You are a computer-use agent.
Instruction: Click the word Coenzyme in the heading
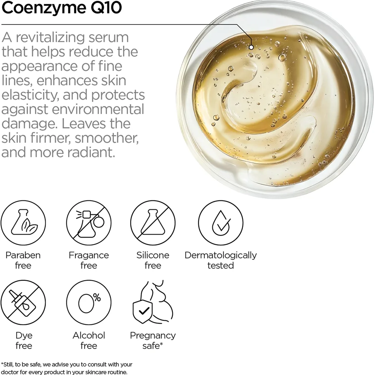point(43,8)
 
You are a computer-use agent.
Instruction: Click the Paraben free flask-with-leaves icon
point(23,223)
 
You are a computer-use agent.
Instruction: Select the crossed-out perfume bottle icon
point(89,223)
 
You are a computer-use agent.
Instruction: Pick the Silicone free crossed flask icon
point(153,223)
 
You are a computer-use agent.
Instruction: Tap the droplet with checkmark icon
point(221,223)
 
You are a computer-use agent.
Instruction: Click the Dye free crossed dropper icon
point(23,303)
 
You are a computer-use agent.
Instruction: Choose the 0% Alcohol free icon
point(89,303)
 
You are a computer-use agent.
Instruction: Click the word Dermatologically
point(221,255)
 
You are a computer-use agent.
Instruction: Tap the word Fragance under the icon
point(89,255)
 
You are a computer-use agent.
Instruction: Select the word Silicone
point(153,255)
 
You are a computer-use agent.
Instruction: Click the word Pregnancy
point(153,336)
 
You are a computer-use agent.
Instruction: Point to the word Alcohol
point(89,335)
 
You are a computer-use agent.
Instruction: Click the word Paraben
point(23,255)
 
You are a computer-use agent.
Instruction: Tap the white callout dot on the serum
point(251,48)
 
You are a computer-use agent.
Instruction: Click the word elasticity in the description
point(30,95)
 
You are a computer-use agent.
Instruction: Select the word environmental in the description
point(98,109)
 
